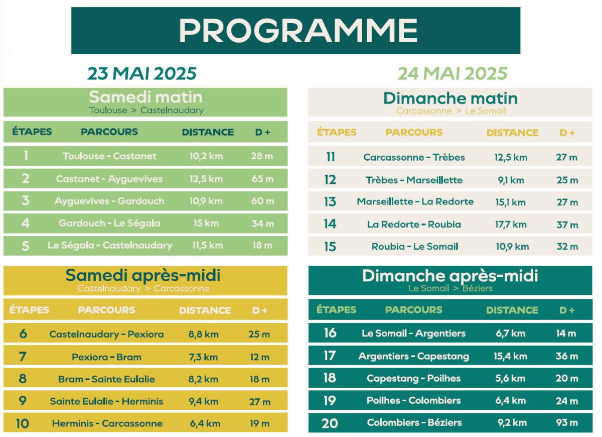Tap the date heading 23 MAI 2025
point(142,73)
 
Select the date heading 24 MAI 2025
point(452,73)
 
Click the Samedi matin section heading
point(145,97)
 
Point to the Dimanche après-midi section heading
point(450,276)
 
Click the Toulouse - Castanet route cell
point(109,156)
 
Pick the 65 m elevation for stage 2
point(262,179)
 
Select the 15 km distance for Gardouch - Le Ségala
point(206,223)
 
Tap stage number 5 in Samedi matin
point(26,246)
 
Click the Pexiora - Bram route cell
point(106,357)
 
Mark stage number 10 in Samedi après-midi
point(23,423)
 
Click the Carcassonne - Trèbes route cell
point(414,157)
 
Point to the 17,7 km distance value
point(511,225)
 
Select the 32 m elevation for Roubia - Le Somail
point(567,247)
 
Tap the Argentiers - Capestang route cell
point(413,356)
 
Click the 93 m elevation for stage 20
point(566,422)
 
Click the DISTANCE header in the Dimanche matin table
point(512,133)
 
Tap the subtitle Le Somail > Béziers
point(450,288)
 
